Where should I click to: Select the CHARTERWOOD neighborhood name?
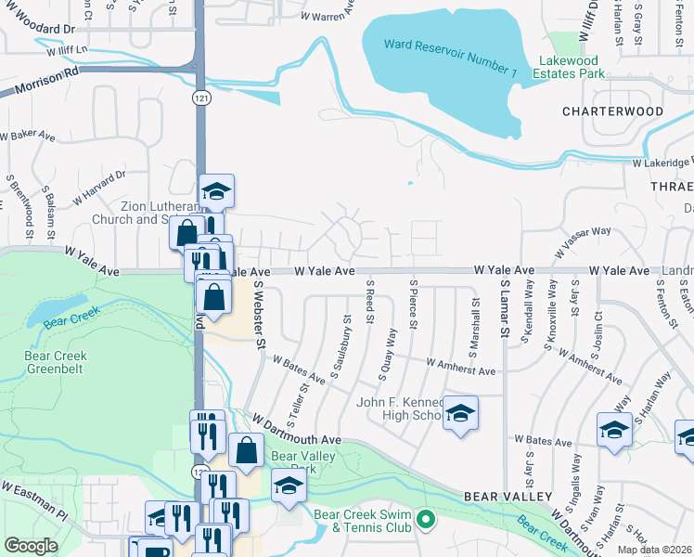coord(612,111)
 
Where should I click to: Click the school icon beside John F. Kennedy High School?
coord(459,413)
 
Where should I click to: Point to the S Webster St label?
coord(258,317)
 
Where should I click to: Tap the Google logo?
coord(31,546)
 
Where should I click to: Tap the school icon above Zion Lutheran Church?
coord(216,191)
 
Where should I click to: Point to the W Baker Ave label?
coord(28,136)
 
